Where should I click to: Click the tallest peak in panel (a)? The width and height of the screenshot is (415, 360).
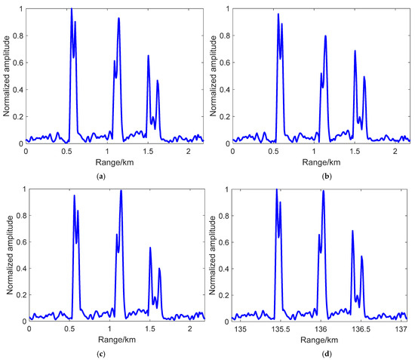(x=71, y=10)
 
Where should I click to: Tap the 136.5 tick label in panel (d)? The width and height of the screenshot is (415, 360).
(x=361, y=330)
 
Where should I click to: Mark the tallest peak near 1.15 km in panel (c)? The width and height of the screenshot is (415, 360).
(x=121, y=190)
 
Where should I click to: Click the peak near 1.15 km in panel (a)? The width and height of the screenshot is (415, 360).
(x=118, y=19)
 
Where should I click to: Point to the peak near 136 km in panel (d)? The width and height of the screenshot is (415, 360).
(x=323, y=190)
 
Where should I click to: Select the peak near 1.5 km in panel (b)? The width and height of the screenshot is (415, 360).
(x=355, y=51)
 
